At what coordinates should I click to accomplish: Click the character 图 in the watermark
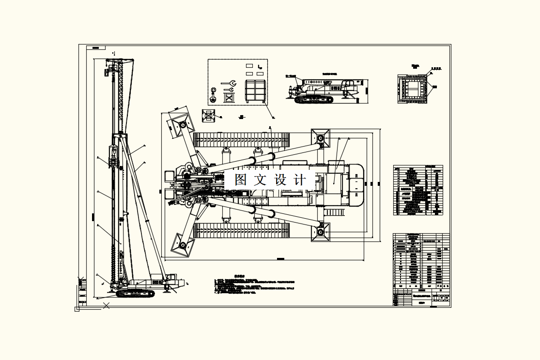pyautogui.click(x=241, y=180)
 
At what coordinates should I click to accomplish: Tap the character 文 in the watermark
pyautogui.click(x=261, y=180)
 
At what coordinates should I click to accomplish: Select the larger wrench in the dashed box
pyautogui.click(x=228, y=83)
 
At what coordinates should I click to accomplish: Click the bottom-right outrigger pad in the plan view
pyautogui.click(x=320, y=233)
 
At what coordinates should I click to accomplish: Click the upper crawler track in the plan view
pyautogui.click(x=241, y=140)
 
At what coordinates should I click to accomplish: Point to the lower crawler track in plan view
pyautogui.click(x=241, y=231)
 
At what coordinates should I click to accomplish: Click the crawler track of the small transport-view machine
pyautogui.click(x=314, y=100)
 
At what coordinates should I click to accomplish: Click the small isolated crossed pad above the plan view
pyautogui.click(x=209, y=115)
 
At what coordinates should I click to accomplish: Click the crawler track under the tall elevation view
pyautogui.click(x=135, y=293)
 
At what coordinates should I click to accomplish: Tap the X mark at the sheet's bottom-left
pyautogui.click(x=107, y=305)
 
